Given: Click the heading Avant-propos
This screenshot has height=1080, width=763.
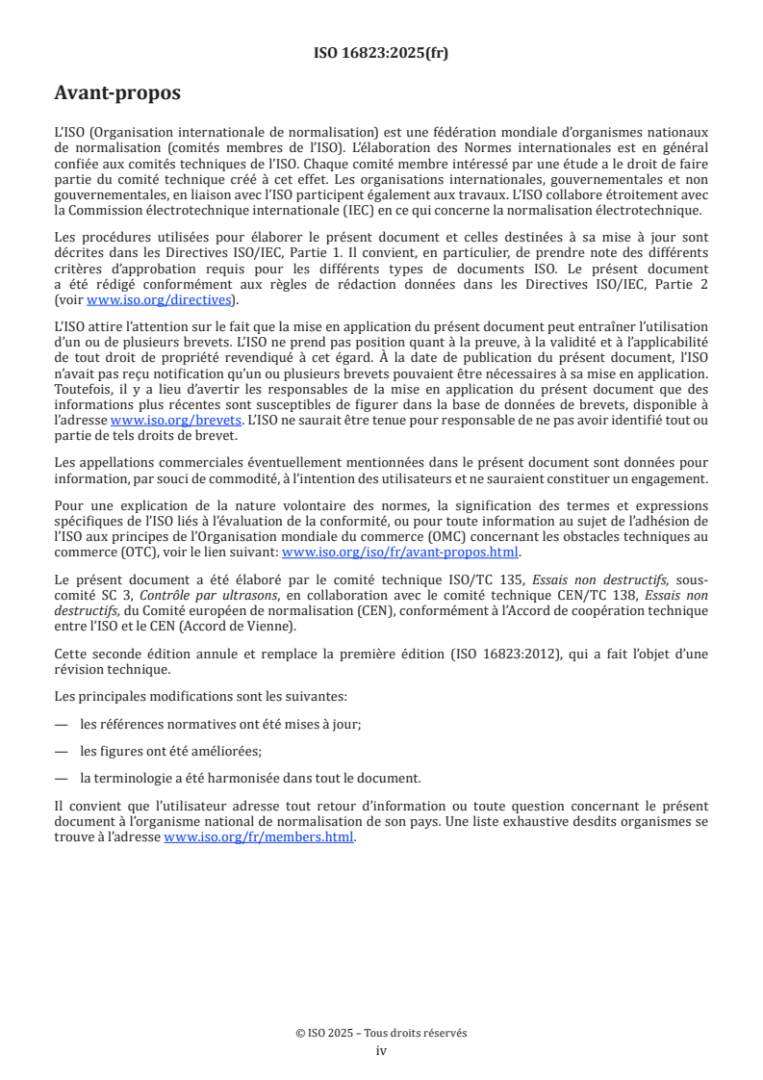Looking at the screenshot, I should tap(117, 93).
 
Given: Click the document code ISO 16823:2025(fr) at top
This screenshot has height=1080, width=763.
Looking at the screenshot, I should tap(381, 53).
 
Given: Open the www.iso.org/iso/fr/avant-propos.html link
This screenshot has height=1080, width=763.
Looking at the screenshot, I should tap(399, 553).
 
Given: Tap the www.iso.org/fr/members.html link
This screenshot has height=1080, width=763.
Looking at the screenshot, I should tap(259, 837).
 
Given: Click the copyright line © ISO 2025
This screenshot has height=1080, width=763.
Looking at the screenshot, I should tap(381, 1033).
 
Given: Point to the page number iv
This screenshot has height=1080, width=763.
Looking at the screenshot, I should tap(381, 1050).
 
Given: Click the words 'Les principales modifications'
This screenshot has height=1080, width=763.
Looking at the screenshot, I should tap(141, 695).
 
